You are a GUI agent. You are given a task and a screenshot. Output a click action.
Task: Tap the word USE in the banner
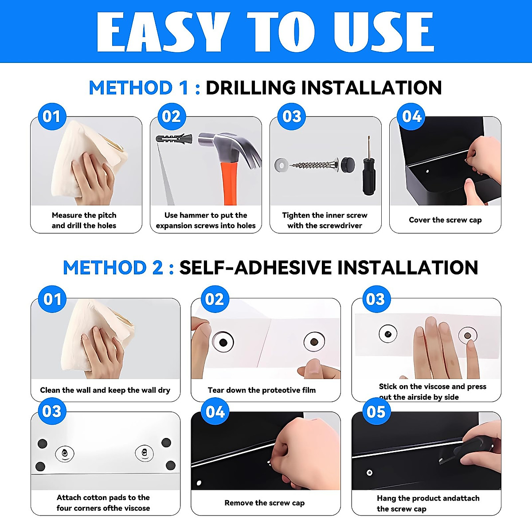tap(384, 32)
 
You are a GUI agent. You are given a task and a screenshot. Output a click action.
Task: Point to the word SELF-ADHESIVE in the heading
tap(255, 267)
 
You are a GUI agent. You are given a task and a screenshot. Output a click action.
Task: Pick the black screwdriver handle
tap(369, 177)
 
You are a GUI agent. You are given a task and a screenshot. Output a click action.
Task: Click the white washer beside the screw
tap(282, 165)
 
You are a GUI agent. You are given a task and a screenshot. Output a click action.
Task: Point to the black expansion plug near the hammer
tap(174, 137)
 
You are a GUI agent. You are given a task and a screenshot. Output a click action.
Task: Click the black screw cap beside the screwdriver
tap(348, 164)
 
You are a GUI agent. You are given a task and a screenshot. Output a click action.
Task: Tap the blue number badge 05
tap(376, 411)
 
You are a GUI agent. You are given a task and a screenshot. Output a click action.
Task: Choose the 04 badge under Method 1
tap(411, 116)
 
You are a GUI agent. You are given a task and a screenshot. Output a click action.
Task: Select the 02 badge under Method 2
tap(215, 299)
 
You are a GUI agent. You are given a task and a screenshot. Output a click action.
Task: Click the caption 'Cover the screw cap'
tap(445, 220)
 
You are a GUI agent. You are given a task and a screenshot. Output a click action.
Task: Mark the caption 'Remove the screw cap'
tap(265, 503)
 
